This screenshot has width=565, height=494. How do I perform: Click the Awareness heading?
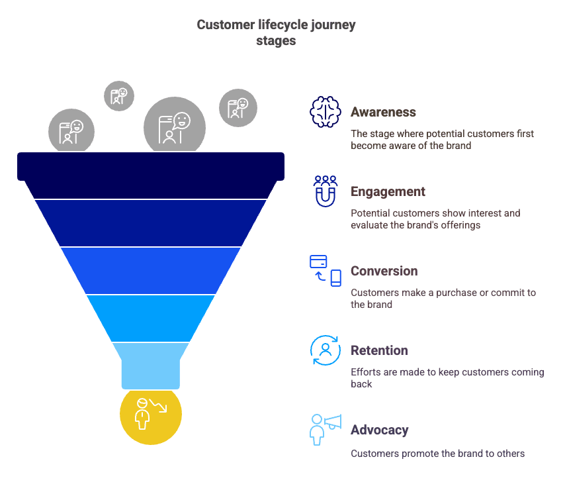pyautogui.click(x=383, y=112)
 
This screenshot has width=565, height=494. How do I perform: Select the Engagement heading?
pyautogui.click(x=388, y=191)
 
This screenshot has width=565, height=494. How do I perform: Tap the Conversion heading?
pyautogui.click(x=384, y=271)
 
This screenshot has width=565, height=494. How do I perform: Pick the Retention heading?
pyautogui.click(x=379, y=350)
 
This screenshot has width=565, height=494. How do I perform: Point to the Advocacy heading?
pyautogui.click(x=379, y=430)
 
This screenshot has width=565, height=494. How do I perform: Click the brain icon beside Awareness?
pyautogui.click(x=326, y=112)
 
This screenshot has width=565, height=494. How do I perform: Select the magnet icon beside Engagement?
pyautogui.click(x=326, y=191)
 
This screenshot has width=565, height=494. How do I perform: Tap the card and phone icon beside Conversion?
pyautogui.click(x=326, y=270)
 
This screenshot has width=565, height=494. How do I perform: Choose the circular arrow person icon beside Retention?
pyautogui.click(x=326, y=350)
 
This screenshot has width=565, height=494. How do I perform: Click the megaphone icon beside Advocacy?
pyautogui.click(x=326, y=429)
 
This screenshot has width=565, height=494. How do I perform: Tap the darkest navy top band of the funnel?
pyautogui.click(x=151, y=166)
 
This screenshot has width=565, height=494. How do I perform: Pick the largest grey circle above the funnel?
pyautogui.click(x=175, y=125)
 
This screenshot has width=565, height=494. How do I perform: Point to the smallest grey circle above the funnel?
pyautogui.click(x=119, y=95)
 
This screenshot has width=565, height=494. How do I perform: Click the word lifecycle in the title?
pyautogui.click(x=279, y=25)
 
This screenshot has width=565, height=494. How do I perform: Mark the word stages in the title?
pyautogui.click(x=276, y=40)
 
